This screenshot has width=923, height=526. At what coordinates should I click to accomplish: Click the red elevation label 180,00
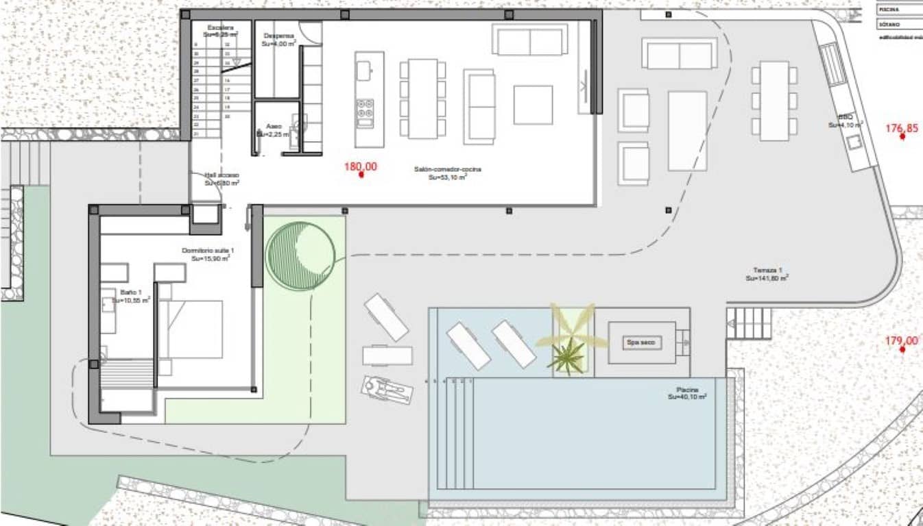click(361, 166)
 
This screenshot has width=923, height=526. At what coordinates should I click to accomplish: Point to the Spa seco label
click(640, 342)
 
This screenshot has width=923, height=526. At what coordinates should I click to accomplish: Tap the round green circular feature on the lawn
click(300, 255)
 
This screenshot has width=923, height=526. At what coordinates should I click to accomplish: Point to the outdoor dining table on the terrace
click(774, 101)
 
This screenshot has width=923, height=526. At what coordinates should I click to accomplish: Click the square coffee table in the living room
click(533, 105)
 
